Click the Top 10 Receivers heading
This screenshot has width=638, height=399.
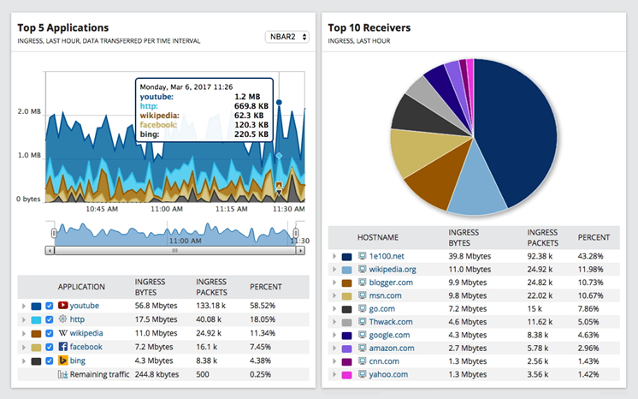(x=369, y=27)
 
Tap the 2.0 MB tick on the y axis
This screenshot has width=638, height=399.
(x=29, y=111)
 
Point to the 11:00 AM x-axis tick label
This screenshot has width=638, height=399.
(x=166, y=208)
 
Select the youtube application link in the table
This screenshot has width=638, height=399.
(x=84, y=305)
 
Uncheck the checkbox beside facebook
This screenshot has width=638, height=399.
(x=49, y=347)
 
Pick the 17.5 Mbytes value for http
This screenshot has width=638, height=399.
(x=154, y=319)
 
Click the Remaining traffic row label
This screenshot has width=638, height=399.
(x=101, y=374)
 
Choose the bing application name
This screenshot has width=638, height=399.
(x=78, y=360)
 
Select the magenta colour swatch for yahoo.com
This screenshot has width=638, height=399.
(x=346, y=375)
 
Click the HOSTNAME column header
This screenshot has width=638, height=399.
(x=377, y=236)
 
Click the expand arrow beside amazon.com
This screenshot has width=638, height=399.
(x=334, y=348)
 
